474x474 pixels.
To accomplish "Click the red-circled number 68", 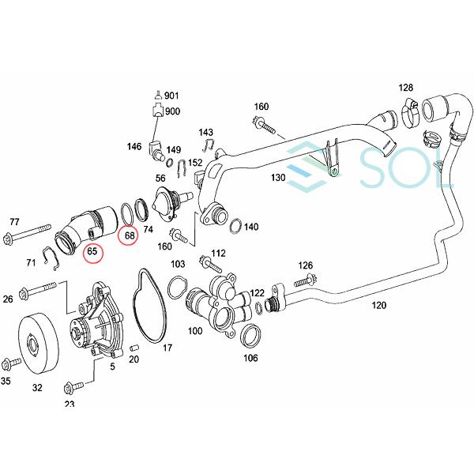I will pyautogui.click(x=130, y=235).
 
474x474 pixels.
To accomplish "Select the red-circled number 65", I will pyautogui.click(x=92, y=252).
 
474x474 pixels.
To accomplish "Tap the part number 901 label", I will pyautogui.click(x=171, y=96).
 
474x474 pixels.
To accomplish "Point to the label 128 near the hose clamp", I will pyautogui.click(x=406, y=88).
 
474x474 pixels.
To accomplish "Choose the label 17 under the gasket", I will pyautogui.click(x=167, y=348).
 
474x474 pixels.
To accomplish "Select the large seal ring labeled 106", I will pyautogui.click(x=249, y=335).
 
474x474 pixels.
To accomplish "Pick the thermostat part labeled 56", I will pyautogui.click(x=167, y=201).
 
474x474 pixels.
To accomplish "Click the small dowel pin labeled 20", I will pyautogui.click(x=134, y=347).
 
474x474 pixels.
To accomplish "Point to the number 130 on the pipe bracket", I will pyautogui.click(x=277, y=179).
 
